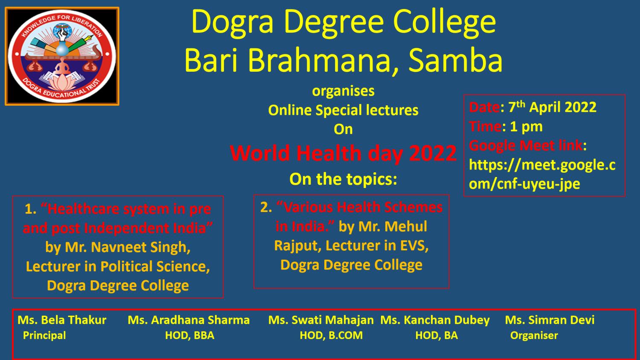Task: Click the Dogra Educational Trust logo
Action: [62, 56]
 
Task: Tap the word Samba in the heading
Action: [455, 61]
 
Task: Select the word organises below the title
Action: [343, 91]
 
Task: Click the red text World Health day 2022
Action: [343, 153]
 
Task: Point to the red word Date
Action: [484, 107]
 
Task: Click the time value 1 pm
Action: [526, 127]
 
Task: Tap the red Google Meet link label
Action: [525, 145]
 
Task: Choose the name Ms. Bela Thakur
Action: [62, 320]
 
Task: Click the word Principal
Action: [44, 335]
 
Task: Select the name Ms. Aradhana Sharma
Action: [189, 320]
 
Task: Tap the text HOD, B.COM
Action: [331, 335]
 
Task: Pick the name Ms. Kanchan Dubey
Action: [435, 320]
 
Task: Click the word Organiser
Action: [534, 335]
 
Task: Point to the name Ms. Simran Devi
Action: [550, 320]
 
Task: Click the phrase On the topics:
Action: [343, 180]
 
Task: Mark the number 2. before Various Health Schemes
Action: [266, 207]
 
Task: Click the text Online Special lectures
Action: [343, 110]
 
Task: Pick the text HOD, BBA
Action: [190, 335]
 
